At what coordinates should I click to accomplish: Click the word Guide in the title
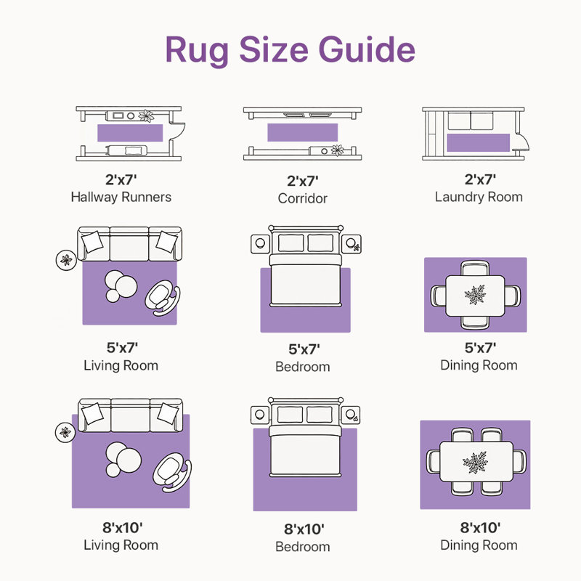coord(367,49)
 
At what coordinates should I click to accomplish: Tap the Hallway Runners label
coord(121,197)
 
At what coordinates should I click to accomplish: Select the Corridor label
coord(303,198)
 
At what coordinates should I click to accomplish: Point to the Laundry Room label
coord(479,197)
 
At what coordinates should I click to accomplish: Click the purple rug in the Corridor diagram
coord(302,132)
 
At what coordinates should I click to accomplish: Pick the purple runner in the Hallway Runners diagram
coord(130,133)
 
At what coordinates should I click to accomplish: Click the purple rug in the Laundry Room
coord(479,142)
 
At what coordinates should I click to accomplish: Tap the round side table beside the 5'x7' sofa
coord(66,260)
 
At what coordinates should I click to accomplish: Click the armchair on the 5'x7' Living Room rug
coord(162,298)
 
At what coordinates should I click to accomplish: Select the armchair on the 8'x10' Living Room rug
coord(172,473)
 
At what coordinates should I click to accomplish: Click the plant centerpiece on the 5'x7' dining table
coord(475,295)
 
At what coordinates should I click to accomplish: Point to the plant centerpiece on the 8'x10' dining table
coord(475,463)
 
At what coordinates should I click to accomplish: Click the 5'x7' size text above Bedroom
coord(304,349)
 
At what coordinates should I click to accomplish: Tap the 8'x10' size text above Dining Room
coord(480,527)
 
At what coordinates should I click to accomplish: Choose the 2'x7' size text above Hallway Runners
coord(121,179)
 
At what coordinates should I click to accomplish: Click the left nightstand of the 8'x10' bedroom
coord(260,415)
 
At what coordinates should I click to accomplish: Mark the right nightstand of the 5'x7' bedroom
coord(352,244)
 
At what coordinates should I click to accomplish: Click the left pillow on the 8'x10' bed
coord(290,414)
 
